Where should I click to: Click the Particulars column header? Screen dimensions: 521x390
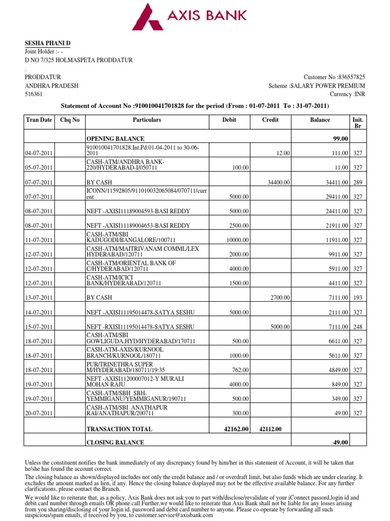coord(147,120)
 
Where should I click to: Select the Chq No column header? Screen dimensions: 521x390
coord(70,120)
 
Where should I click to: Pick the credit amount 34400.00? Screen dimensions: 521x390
coord(279,182)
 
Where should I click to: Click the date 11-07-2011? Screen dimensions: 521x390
coord(39,240)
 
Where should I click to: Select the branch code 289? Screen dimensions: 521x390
coord(357,182)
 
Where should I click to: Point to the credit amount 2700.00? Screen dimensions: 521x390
coord(280,298)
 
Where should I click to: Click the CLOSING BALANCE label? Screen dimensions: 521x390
coord(115,443)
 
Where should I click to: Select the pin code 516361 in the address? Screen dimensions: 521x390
coord(34,95)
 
